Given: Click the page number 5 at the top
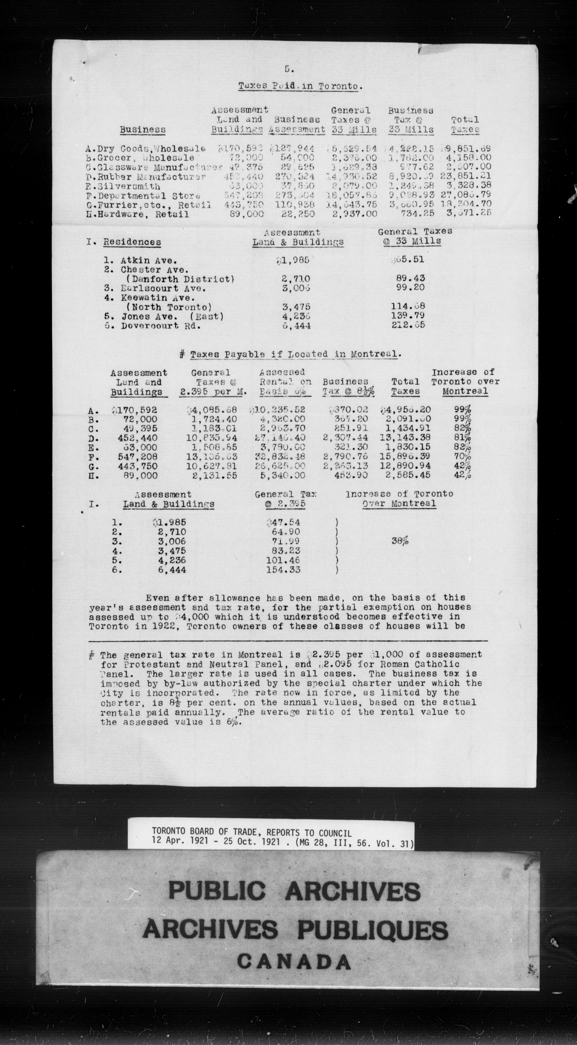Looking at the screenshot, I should (287, 69).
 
